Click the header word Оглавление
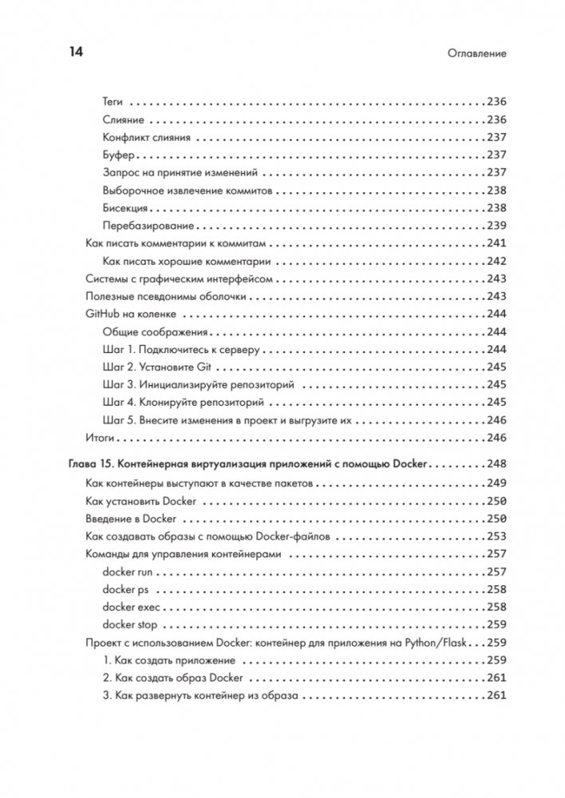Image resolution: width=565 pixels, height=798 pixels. coord(478,54)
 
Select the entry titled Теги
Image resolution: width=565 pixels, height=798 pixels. coord(113,102)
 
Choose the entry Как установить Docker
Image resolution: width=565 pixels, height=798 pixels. coord(141,501)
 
